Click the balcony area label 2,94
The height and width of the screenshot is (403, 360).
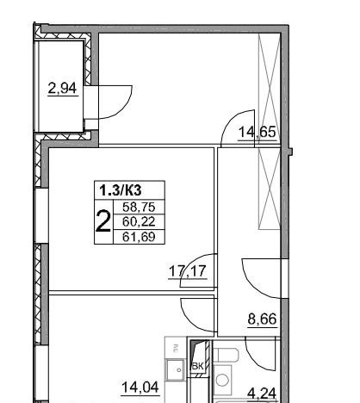[62, 88]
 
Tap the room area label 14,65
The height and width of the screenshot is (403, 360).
[258, 133]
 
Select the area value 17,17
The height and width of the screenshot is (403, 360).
[188, 271]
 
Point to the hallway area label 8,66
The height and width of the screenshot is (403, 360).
[262, 319]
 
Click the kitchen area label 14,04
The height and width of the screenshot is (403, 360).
[140, 387]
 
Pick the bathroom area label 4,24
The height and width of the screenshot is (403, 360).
[262, 393]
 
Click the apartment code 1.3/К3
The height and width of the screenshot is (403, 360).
[121, 190]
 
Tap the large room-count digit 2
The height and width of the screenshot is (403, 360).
[102, 220]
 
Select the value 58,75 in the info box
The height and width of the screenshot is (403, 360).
[139, 207]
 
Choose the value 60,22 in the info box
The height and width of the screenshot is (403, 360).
[139, 221]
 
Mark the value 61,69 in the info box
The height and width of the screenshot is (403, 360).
[139, 237]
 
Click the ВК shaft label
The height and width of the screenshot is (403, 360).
[197, 366]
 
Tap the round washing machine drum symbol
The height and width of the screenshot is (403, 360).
[221, 381]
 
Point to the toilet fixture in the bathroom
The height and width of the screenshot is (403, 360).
[227, 356]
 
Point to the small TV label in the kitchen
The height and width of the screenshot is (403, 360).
[174, 349]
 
